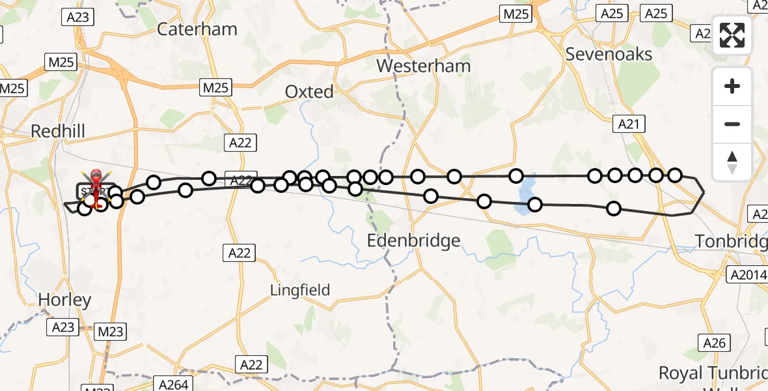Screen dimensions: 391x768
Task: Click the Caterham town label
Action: point(197,29)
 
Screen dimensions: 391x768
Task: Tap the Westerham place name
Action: point(423,66)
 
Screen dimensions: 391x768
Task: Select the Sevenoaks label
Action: point(609,54)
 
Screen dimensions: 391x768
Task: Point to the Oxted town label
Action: point(309,92)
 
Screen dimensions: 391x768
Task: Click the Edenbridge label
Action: point(413,240)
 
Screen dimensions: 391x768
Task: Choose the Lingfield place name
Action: point(301,290)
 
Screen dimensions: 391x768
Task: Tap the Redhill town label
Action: point(58,132)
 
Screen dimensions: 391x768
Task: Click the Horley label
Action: point(64,300)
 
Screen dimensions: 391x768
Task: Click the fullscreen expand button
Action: point(732,36)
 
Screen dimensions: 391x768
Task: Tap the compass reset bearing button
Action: point(732,161)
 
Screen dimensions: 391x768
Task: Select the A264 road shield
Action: point(174,384)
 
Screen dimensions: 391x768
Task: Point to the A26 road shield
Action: point(714,342)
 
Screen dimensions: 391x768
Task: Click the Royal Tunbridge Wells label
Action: point(713,374)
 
